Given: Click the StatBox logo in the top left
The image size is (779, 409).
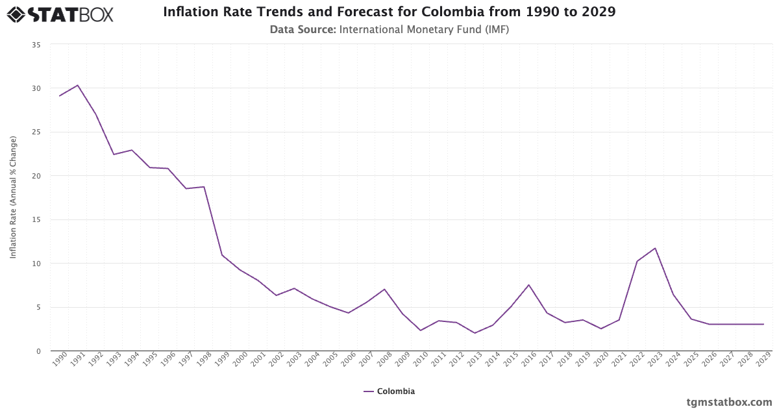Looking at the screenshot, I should (60, 14).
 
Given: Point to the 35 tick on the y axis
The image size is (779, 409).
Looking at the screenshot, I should (36, 45).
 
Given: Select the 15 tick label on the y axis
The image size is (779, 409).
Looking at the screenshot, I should (36, 220).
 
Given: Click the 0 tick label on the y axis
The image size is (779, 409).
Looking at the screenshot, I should (38, 351).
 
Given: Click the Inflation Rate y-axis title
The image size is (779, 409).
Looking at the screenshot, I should (14, 198).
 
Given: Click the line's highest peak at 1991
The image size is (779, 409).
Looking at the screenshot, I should (78, 85).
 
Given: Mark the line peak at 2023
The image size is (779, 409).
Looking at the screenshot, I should (656, 248).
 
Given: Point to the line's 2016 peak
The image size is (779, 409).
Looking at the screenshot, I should (529, 285).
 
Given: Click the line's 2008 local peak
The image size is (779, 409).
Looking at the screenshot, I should (384, 289).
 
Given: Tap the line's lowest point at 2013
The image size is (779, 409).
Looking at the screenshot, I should (475, 333).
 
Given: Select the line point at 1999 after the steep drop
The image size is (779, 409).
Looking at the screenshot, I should (222, 254).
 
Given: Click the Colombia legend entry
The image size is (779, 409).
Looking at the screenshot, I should (389, 391).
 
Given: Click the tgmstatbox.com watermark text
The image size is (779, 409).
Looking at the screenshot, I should (729, 402).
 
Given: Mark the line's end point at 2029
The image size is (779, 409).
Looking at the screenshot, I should (763, 324).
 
